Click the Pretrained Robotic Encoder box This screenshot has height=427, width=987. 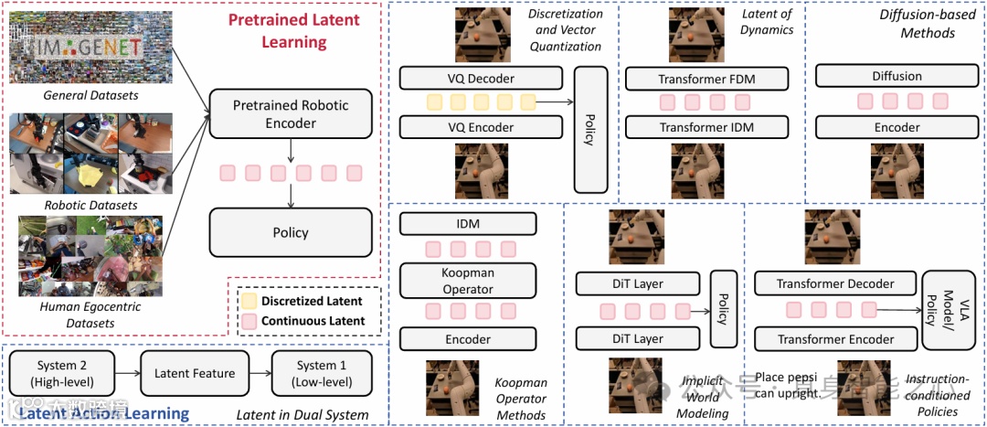click(291, 113)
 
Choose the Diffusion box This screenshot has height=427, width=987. click(897, 77)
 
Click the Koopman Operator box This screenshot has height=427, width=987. click(468, 281)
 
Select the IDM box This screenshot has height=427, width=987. click(468, 224)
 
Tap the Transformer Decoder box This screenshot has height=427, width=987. click(835, 283)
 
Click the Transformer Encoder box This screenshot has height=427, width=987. click(835, 339)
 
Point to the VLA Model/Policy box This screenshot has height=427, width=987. click(943, 311)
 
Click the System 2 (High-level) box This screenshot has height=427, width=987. click(64, 373)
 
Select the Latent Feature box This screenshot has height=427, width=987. click(194, 373)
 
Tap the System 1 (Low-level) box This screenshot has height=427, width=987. click(322, 373)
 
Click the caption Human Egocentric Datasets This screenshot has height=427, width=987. click(78, 315)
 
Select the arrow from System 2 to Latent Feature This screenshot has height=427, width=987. click(127, 373)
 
